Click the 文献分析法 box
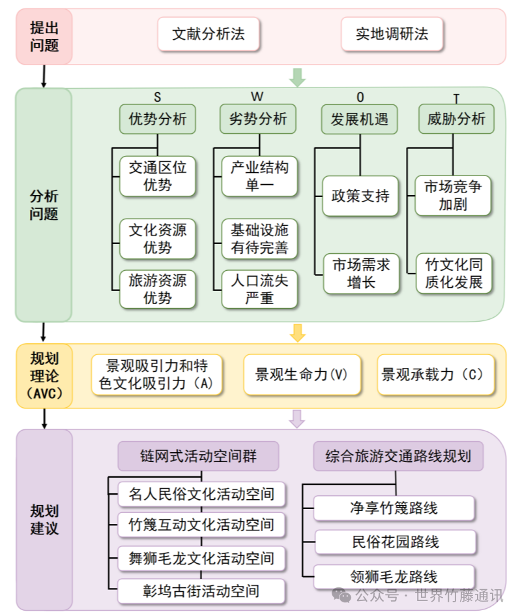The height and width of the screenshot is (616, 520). [209, 35]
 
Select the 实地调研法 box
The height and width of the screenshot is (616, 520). [392, 35]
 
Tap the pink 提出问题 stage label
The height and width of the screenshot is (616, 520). [44, 37]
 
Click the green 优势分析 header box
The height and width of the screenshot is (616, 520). [158, 119]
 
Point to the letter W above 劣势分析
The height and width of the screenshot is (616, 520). [257, 97]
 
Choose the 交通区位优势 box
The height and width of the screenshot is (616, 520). [158, 176]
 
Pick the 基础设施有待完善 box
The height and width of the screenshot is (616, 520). [259, 239]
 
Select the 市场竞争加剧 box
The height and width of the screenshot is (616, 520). [454, 195]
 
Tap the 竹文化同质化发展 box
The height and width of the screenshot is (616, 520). [454, 273]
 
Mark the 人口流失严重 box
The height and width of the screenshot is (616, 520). [259, 289]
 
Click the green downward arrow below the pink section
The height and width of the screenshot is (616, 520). [297, 77]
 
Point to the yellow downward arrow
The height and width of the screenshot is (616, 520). [297, 333]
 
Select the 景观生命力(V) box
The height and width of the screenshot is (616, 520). [302, 375]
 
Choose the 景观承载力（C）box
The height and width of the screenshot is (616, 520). [435, 375]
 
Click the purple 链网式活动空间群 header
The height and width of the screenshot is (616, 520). [198, 455]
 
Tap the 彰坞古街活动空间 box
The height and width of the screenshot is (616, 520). [201, 591]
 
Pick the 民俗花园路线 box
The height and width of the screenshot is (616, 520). [394, 542]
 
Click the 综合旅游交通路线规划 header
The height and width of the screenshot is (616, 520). [398, 455]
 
